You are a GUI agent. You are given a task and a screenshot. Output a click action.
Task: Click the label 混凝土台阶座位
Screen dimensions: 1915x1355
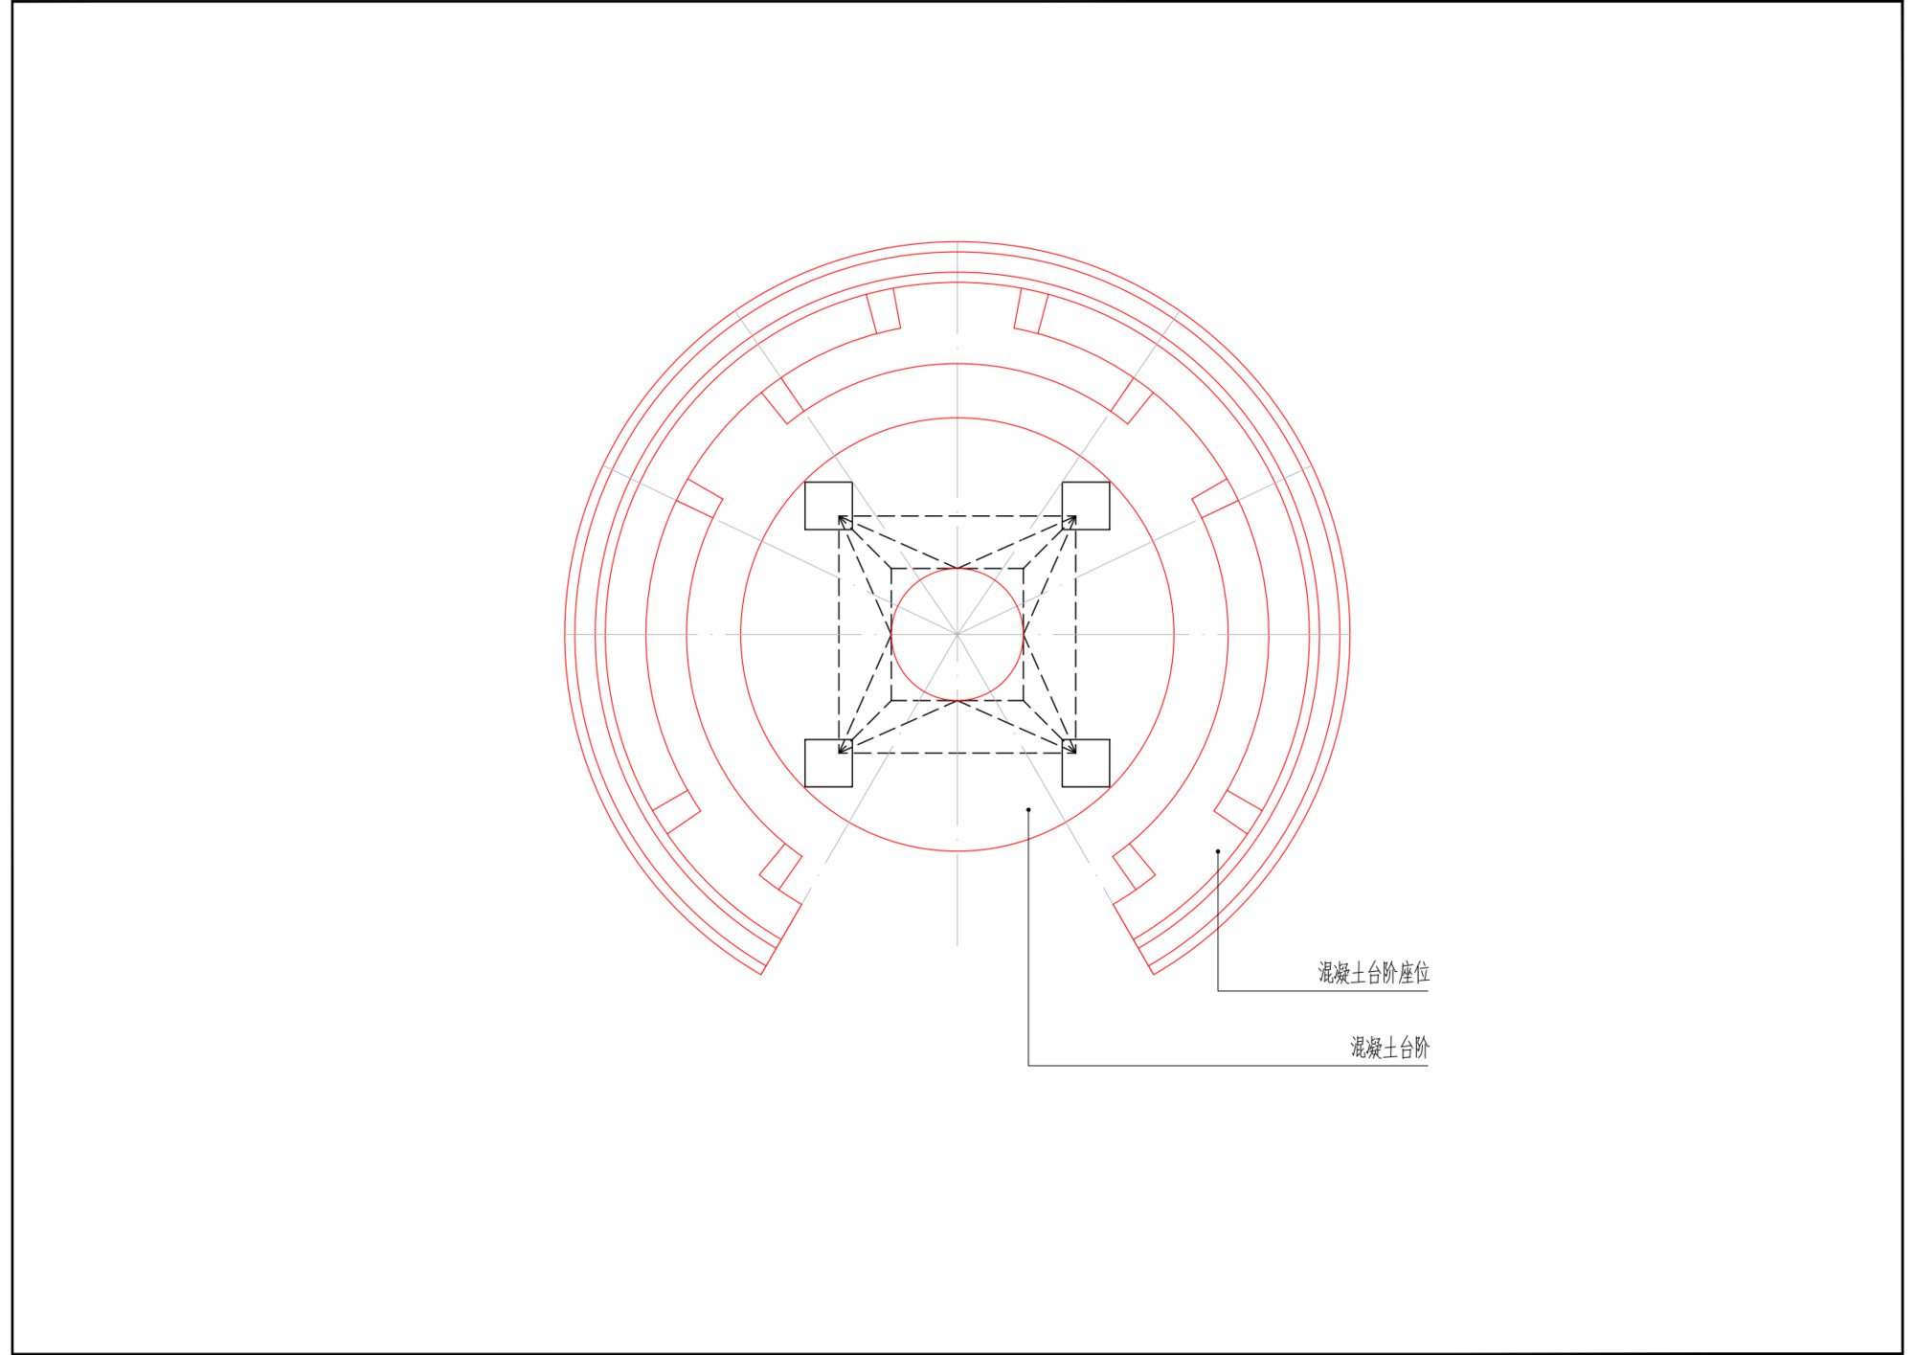pos(1374,974)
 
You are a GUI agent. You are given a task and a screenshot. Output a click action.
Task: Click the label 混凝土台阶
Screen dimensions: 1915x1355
pos(1390,1049)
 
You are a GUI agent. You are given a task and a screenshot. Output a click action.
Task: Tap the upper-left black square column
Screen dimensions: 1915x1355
pos(828,506)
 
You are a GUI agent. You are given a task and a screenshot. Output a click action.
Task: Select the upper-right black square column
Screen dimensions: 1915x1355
pos(1086,506)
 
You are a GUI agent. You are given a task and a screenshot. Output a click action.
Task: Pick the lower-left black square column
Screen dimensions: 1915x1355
pos(828,763)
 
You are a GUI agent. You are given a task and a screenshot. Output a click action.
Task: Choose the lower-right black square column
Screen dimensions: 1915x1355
pos(1086,763)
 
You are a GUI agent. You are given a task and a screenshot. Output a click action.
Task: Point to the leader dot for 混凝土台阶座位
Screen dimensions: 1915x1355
pos(1218,851)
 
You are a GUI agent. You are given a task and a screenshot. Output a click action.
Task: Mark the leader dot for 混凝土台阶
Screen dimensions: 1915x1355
pos(1028,810)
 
